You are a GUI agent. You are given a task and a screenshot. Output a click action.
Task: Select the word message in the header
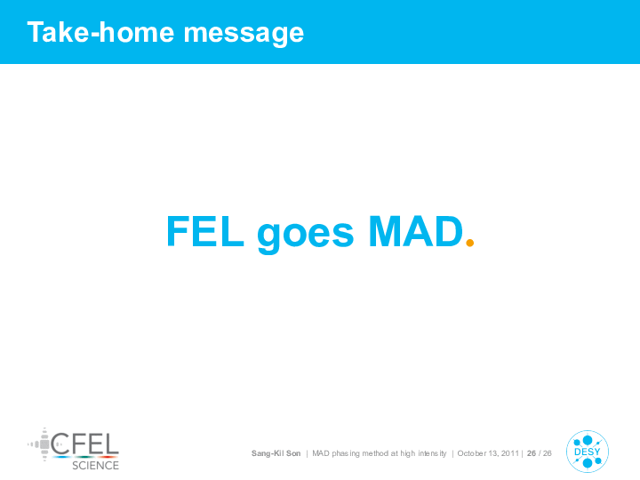coord(244,35)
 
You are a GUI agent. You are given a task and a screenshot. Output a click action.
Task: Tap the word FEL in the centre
coord(205,231)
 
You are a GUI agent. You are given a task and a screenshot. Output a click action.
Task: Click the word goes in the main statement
coord(305,235)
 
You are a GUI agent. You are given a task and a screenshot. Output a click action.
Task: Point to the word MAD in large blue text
coord(416,231)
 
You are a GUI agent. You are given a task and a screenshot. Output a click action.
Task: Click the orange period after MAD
coord(470,243)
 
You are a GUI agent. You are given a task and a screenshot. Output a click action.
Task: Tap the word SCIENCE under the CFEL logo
coord(95,465)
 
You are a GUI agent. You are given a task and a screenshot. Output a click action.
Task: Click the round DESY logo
coord(588,452)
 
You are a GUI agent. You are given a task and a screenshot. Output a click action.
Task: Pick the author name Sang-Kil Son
coord(276,453)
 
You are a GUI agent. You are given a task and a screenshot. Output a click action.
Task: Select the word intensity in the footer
coord(432,454)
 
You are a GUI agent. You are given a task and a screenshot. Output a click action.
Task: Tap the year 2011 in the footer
coord(510,453)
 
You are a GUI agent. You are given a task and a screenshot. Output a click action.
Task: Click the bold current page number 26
coord(532,453)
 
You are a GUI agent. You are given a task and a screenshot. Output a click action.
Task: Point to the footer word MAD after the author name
coord(321,453)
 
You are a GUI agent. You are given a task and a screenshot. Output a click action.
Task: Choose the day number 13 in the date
coord(493,453)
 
